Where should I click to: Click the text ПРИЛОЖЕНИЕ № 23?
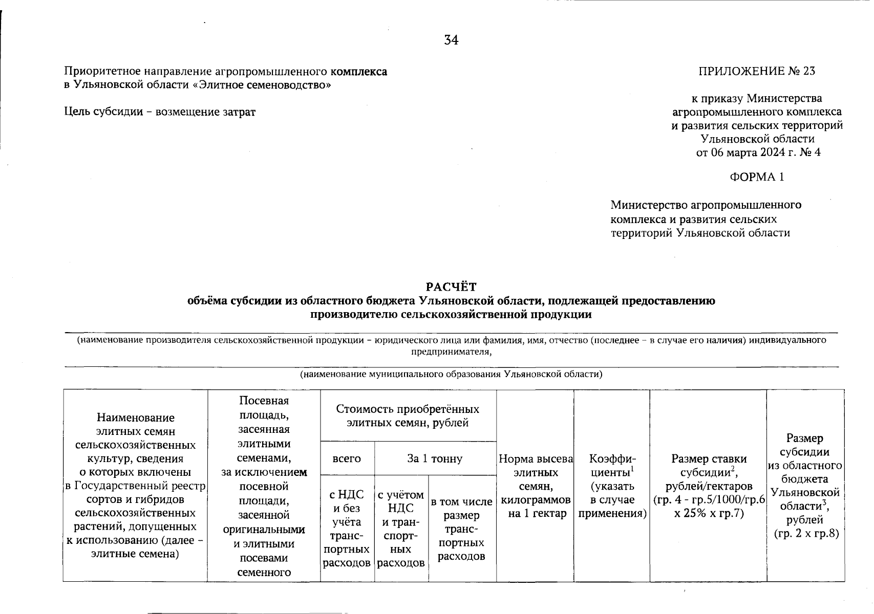[x=757, y=71]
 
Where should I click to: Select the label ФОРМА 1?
[x=757, y=177]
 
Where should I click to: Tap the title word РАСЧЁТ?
[x=451, y=287]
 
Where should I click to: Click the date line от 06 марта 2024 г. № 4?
[x=758, y=152]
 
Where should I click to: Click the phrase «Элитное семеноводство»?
[x=261, y=85]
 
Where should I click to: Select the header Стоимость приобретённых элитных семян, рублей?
[x=408, y=415]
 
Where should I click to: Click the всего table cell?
[x=347, y=458]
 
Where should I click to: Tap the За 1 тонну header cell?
[x=435, y=458]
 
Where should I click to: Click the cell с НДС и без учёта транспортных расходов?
[x=347, y=529]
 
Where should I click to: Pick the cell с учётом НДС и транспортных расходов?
[x=401, y=529]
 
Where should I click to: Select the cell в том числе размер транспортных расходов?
[x=462, y=529]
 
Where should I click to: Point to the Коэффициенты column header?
[x=612, y=486]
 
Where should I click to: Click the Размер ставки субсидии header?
[x=709, y=486]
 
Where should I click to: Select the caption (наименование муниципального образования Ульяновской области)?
[x=451, y=374]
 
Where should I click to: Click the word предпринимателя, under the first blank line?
[x=451, y=352]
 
